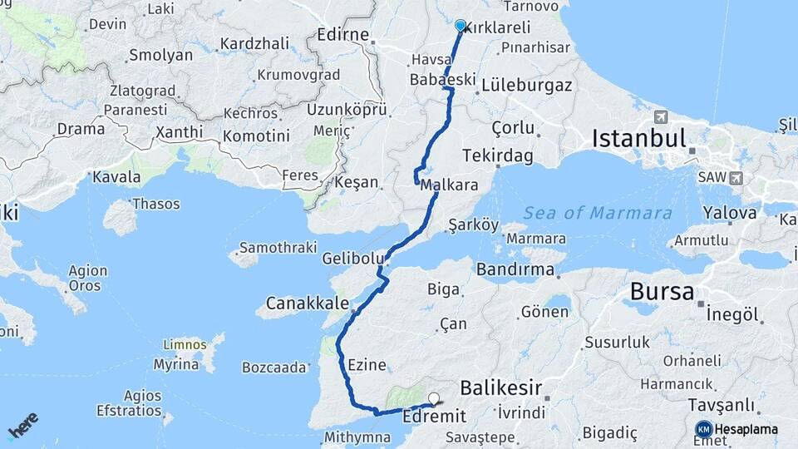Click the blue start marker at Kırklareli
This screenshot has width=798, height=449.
click(x=461, y=26)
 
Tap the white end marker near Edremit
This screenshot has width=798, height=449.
click(x=432, y=398)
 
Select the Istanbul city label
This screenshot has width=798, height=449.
click(x=638, y=138)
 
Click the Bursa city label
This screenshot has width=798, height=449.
click(x=662, y=292)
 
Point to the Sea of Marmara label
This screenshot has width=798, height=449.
click(x=598, y=213)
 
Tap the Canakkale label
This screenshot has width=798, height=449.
click(x=307, y=303)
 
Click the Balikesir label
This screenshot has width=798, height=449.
click(x=501, y=387)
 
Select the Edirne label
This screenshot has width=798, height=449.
click(x=342, y=36)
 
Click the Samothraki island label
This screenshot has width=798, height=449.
click(x=278, y=248)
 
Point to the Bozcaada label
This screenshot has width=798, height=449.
click(x=274, y=367)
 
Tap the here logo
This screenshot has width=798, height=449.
click(x=23, y=425)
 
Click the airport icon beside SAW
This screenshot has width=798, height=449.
click(x=736, y=178)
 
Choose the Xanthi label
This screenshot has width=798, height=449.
click(x=178, y=132)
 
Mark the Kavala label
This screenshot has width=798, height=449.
click(x=116, y=177)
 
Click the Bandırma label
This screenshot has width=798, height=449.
click(x=515, y=270)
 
